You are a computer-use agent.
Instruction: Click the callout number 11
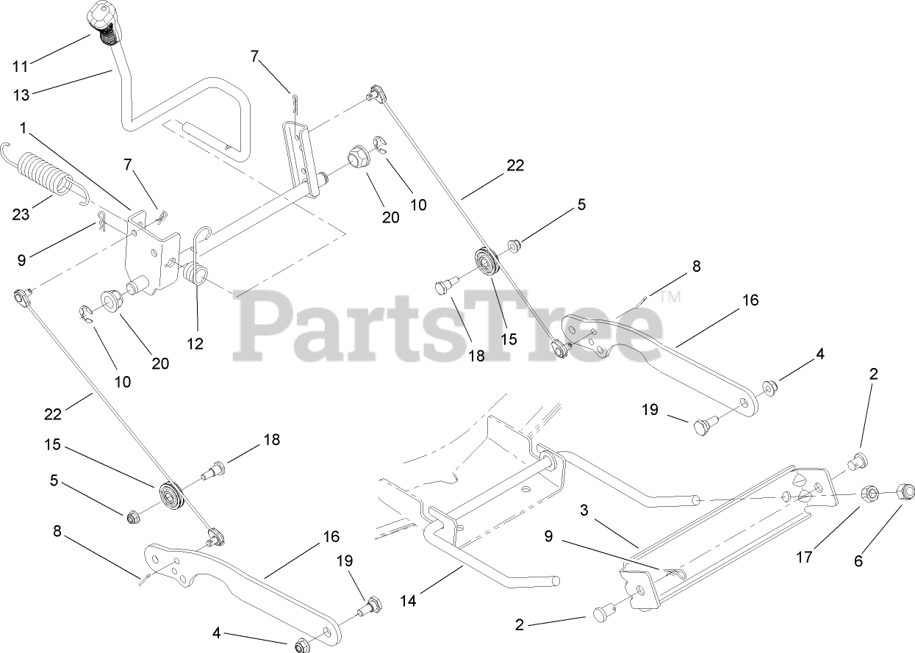point(20,66)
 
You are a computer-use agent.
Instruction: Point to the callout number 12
point(195,342)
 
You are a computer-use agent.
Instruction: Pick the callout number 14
point(408,601)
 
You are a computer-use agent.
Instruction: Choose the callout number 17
point(804,557)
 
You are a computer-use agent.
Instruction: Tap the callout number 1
point(24,128)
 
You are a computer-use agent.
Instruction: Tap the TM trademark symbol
point(670,297)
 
